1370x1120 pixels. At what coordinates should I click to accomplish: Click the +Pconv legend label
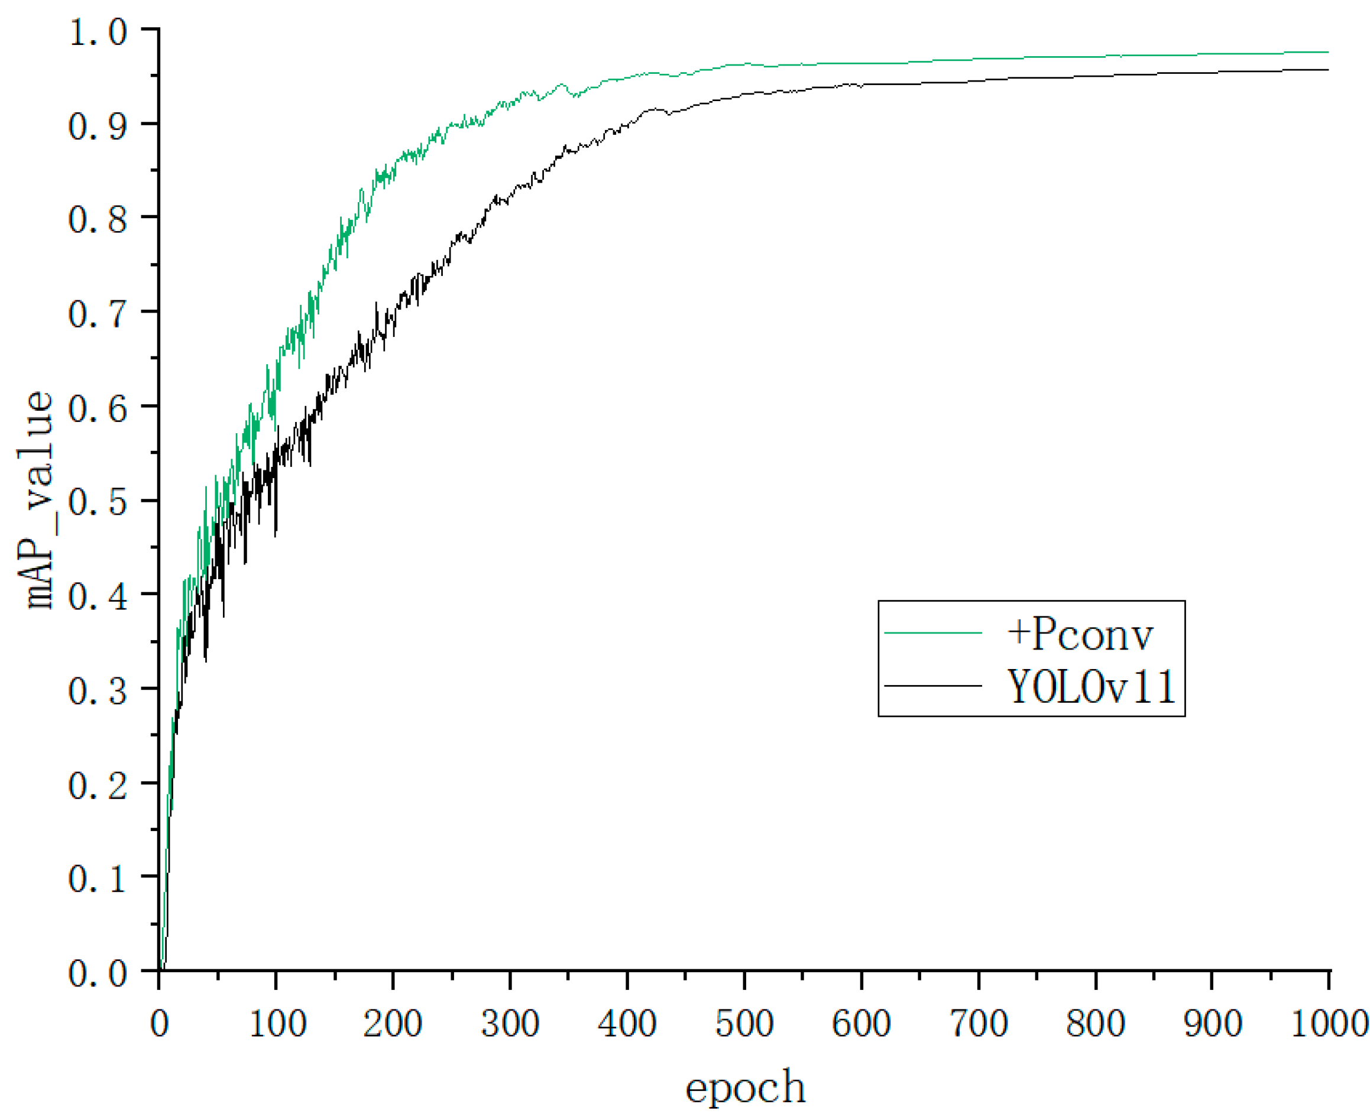click(x=1079, y=635)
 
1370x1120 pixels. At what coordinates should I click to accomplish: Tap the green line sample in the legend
click(x=932, y=633)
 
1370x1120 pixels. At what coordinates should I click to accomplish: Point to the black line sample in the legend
click(x=932, y=685)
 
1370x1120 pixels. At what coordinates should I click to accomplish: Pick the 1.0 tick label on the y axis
click(x=98, y=31)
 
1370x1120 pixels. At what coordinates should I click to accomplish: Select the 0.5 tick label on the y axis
click(x=98, y=502)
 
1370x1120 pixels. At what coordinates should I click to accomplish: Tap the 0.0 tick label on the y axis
click(x=98, y=973)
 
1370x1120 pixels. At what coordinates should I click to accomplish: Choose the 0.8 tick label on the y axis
click(x=98, y=219)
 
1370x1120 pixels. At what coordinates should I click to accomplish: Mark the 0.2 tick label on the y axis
click(x=98, y=785)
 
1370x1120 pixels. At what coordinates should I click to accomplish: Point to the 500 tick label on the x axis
click(x=744, y=1023)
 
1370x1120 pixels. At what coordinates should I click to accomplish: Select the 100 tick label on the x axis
click(x=277, y=1023)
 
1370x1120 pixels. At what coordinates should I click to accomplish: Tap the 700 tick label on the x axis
click(x=979, y=1023)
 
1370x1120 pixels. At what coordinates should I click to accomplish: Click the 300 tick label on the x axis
click(x=510, y=1023)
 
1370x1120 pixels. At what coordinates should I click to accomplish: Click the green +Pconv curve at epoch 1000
click(x=1327, y=52)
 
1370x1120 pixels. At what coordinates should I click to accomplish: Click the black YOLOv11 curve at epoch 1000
click(x=1327, y=70)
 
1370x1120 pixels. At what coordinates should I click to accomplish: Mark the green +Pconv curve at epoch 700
click(x=979, y=59)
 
